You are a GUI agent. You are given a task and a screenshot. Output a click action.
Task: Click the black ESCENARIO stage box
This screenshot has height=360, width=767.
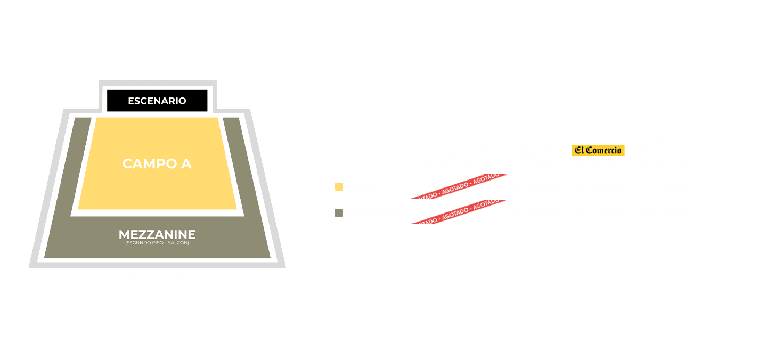point(157,101)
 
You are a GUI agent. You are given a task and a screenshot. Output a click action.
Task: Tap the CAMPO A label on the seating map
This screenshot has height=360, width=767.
point(157,163)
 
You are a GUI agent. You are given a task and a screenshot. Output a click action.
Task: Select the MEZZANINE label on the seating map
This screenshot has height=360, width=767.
point(157,234)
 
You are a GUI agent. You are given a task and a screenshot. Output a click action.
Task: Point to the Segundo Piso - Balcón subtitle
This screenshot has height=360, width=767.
point(157,243)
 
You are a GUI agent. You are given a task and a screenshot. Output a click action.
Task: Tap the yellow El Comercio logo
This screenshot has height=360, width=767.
point(598,151)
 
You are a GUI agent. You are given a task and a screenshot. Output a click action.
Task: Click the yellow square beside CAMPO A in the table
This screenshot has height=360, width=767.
point(339,187)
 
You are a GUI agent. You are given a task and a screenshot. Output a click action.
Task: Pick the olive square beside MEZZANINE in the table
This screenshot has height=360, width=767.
point(339,213)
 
